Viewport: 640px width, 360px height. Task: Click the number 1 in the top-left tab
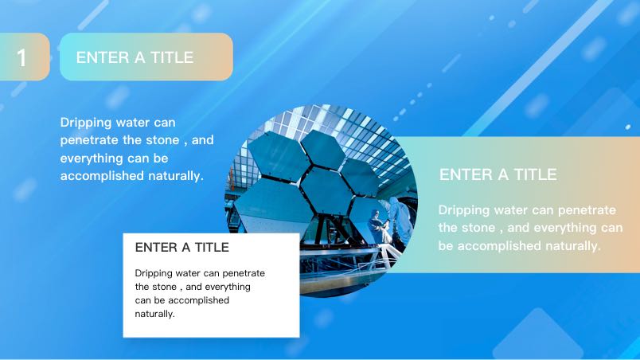21,57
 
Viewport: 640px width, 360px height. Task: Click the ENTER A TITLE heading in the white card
181,247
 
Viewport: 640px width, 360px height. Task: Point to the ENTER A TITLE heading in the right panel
498,174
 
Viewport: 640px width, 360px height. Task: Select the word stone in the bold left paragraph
162,140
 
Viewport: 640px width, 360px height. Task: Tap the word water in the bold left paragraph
136,123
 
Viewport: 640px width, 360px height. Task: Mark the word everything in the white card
228,287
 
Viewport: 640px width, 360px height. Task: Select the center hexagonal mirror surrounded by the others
326,189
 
